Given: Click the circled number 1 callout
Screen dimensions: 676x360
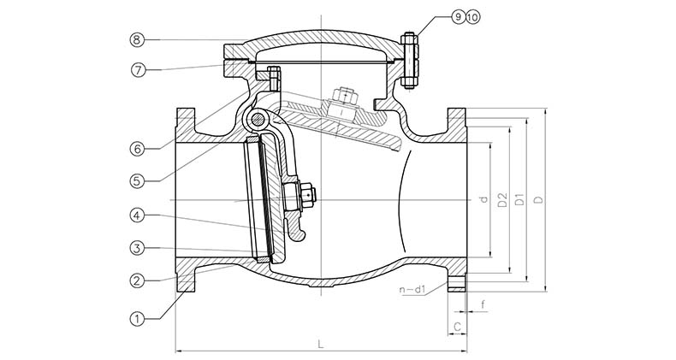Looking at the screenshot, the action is coord(137,319).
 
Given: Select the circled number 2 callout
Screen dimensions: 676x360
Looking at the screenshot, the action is coord(137,280).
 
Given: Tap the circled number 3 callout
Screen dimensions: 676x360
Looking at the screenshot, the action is coord(137,248).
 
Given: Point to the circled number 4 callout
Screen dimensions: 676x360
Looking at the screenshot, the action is coord(137,215).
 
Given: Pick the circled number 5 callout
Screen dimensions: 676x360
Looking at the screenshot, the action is coord(137,181).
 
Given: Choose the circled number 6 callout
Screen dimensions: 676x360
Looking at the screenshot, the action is coord(137,149).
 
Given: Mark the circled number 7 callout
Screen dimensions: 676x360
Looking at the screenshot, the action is coord(138,70).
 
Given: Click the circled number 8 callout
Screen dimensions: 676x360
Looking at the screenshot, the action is coord(137,40).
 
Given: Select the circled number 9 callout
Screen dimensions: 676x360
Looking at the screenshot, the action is coord(457,17).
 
